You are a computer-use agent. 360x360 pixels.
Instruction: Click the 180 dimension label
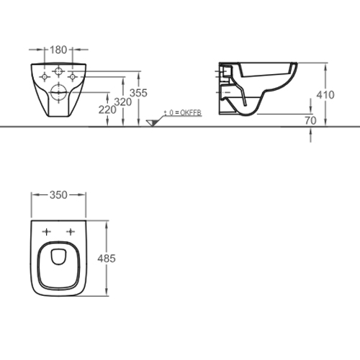(x=58, y=50)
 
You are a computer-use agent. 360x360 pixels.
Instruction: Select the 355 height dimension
(x=138, y=93)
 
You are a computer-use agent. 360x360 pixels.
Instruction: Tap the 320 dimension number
(x=123, y=102)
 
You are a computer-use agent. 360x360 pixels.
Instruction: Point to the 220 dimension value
(x=107, y=110)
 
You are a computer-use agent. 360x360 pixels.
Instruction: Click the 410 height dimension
(x=325, y=95)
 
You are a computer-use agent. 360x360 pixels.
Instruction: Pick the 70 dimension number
(x=310, y=120)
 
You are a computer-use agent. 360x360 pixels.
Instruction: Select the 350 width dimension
(x=58, y=195)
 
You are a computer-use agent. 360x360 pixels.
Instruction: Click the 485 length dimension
(x=107, y=258)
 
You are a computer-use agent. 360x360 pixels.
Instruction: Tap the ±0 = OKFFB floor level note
(x=183, y=113)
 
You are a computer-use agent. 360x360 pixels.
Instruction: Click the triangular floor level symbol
(x=152, y=123)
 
